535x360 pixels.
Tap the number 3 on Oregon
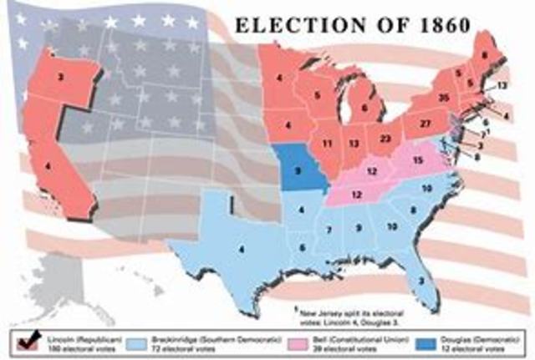tap(61, 76)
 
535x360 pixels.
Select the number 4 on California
tap(47, 167)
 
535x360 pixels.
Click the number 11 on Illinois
tap(329, 144)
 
